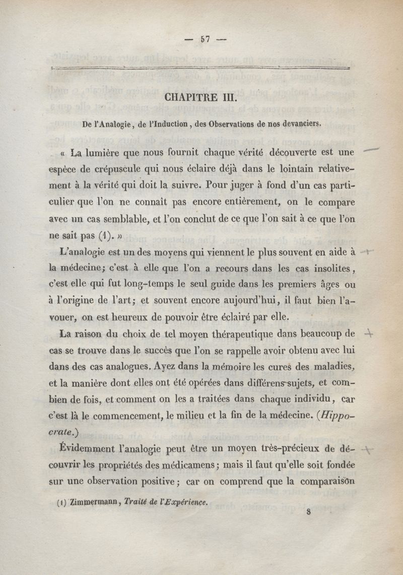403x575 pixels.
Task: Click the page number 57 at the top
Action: click(206, 38)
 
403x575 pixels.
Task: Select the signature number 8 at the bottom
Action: click(308, 510)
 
